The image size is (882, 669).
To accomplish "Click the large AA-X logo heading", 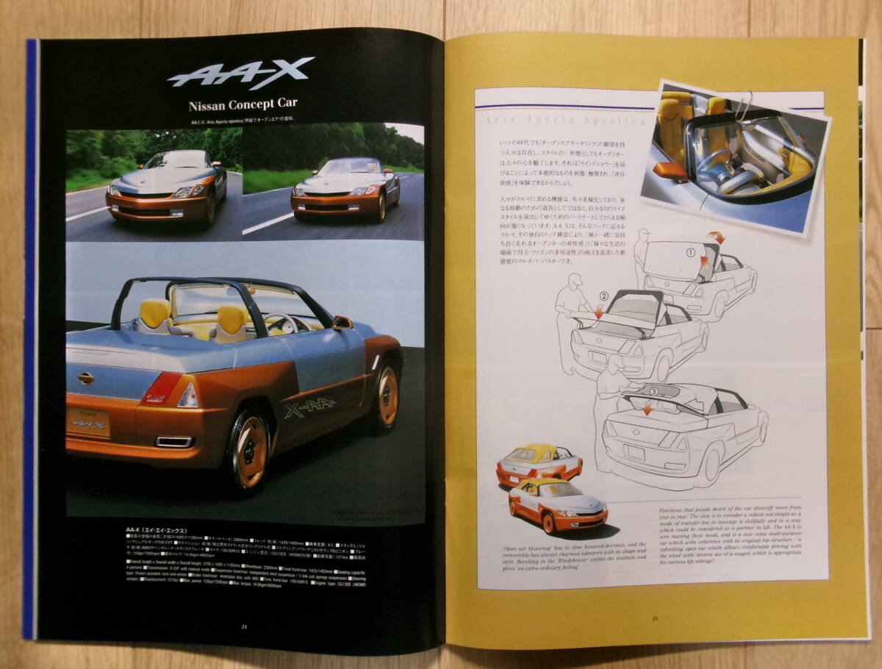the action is click(x=240, y=74).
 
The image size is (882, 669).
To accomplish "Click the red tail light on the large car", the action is click(x=162, y=388).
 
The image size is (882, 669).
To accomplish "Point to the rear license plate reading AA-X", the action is click(x=88, y=422).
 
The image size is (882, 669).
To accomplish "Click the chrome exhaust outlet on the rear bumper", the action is click(x=175, y=442).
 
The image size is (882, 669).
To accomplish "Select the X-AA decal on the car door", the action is click(x=309, y=407).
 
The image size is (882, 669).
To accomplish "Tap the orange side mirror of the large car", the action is click(x=342, y=323).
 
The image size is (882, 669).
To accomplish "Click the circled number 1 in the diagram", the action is click(x=690, y=252).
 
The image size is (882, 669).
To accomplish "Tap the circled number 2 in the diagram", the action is click(x=603, y=297).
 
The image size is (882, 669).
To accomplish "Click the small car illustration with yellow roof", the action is click(x=539, y=465).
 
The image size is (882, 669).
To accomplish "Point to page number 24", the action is click(x=243, y=626).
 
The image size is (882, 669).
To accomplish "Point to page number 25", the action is click(x=654, y=618).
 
